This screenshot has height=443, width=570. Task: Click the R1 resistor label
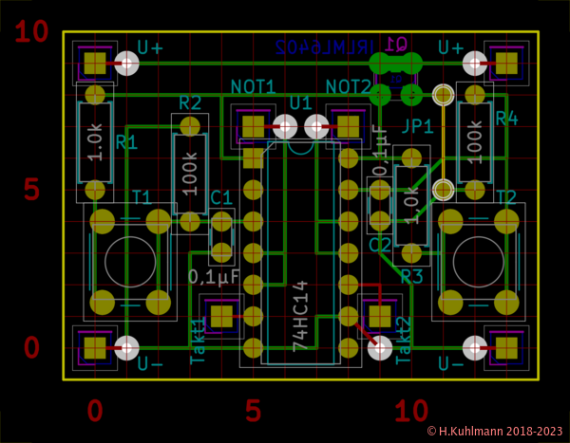click(x=126, y=143)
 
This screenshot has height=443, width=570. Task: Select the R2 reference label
click(x=190, y=102)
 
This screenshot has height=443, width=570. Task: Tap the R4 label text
click(x=506, y=120)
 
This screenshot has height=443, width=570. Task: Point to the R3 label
click(x=411, y=276)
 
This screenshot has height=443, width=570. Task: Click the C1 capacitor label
click(x=220, y=197)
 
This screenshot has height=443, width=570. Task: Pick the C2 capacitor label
click(x=380, y=246)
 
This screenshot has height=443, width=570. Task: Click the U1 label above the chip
click(x=300, y=102)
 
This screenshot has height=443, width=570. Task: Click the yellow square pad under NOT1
click(x=253, y=126)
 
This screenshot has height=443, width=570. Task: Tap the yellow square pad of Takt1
click(x=221, y=316)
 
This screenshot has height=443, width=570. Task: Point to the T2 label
click(x=506, y=197)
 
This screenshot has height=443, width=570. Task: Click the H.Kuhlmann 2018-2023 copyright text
click(x=495, y=431)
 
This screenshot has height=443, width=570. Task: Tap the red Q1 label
click(x=396, y=45)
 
